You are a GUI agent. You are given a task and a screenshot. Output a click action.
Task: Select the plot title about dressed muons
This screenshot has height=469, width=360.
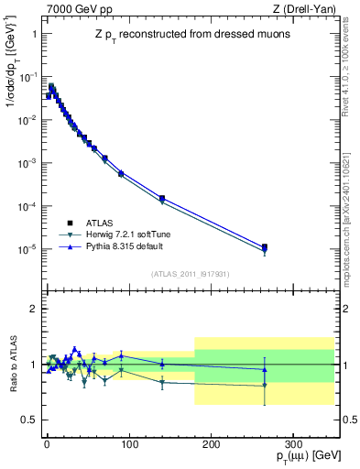point(190,34)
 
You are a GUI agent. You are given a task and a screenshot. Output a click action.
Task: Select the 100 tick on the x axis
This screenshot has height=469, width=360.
point(128,442)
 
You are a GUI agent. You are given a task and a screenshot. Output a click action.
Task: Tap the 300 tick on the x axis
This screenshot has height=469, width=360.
point(293,442)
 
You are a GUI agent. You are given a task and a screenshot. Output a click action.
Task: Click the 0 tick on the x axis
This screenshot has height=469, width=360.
point(46,442)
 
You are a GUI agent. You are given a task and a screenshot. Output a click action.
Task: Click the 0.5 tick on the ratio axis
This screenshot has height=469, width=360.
point(27,420)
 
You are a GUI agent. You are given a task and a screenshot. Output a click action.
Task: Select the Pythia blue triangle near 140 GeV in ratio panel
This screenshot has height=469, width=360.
point(161,364)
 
